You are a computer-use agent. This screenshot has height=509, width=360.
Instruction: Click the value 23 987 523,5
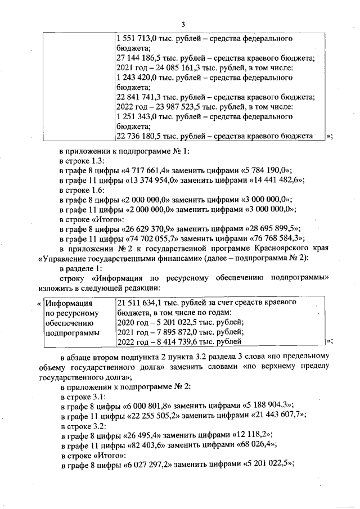click(x=174, y=107)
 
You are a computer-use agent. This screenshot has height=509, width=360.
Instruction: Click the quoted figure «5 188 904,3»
click(x=265, y=405)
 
